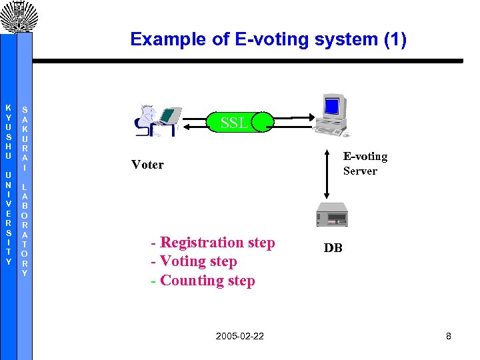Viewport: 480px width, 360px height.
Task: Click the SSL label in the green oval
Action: (x=235, y=122)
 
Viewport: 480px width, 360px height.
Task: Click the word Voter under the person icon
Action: (x=147, y=165)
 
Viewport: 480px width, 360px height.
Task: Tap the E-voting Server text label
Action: (x=365, y=163)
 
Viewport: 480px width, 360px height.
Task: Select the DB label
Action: (x=333, y=248)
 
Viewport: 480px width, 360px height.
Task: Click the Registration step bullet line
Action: (x=213, y=243)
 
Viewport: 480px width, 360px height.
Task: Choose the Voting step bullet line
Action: (x=193, y=261)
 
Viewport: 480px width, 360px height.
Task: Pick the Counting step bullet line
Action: (x=203, y=281)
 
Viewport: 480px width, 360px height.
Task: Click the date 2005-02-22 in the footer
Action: (x=239, y=336)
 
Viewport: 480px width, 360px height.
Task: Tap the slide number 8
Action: (x=449, y=336)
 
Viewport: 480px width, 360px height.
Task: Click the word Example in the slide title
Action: (x=161, y=39)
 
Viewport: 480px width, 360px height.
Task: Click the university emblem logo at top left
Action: (x=17, y=16)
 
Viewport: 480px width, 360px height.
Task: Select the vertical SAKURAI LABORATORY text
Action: (x=25, y=190)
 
